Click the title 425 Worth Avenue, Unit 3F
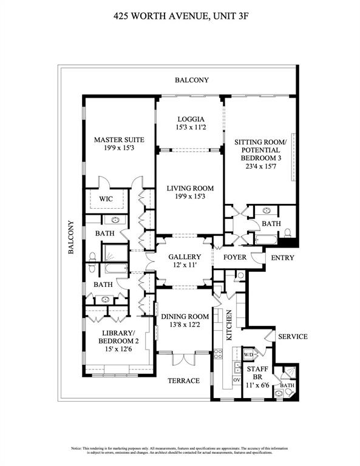pyautogui.click(x=180, y=18)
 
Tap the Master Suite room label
pyautogui.click(x=118, y=140)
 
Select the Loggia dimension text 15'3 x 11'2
pyautogui.click(x=191, y=128)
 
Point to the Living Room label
pyautogui.click(x=191, y=188)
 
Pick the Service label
pyautogui.click(x=292, y=337)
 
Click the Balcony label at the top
pyautogui.click(x=191, y=80)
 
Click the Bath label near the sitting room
pyautogui.click(x=270, y=224)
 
